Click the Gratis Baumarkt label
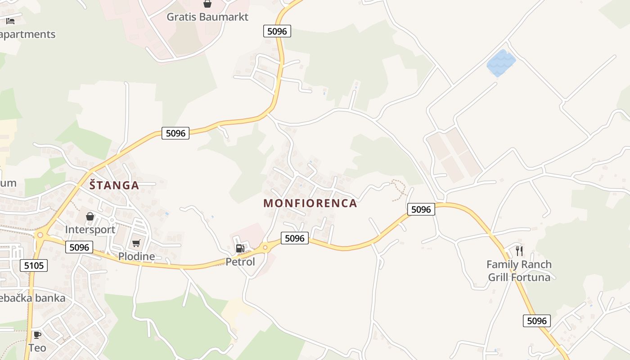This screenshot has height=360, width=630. point(207,17)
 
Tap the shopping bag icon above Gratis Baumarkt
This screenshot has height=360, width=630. point(207,4)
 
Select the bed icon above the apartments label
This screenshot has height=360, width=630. point(10,21)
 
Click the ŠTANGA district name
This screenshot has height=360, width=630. point(114,185)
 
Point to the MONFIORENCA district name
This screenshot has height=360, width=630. point(310,203)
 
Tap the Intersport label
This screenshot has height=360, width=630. point(90,229)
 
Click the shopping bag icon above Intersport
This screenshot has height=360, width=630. point(90,216)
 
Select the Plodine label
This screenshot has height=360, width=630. point(136,256)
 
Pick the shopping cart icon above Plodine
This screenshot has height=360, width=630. point(136,243)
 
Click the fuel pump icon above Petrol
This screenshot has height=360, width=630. point(240,248)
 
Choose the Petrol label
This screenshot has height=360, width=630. point(240,262)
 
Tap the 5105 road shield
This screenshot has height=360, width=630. point(34,265)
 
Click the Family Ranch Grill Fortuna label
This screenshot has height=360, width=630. point(519,271)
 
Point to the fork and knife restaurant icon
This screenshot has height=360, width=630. point(519,251)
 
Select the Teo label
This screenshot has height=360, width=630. point(37,348)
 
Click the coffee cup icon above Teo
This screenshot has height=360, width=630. point(37,335)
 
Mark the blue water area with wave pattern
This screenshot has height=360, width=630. point(501,63)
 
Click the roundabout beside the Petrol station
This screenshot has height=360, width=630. point(265,247)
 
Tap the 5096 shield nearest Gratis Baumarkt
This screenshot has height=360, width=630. point(277,31)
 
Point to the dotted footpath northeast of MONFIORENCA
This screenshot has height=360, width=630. point(399,189)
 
